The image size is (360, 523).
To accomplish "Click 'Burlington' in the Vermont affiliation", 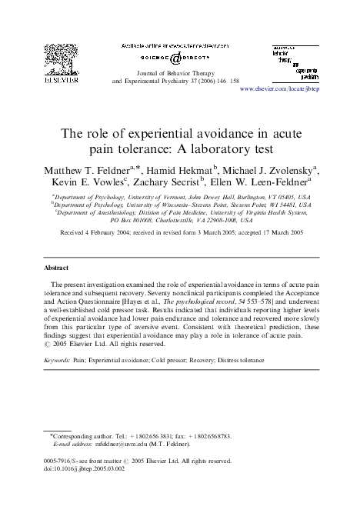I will (x=251, y=198).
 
